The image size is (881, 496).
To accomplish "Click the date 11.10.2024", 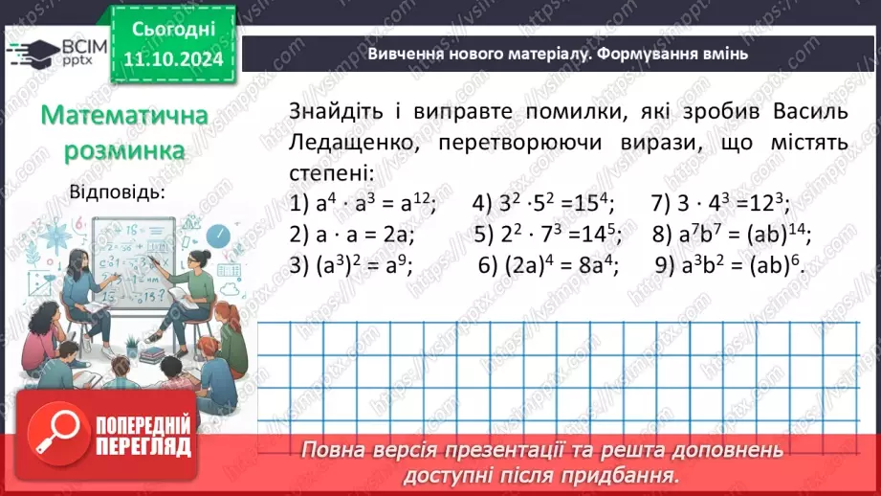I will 176,59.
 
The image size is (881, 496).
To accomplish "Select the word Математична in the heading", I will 125,117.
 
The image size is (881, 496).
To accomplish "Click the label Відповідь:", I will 117,192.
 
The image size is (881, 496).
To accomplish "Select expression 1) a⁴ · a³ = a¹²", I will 362,203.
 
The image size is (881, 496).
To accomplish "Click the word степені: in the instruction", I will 333,173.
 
